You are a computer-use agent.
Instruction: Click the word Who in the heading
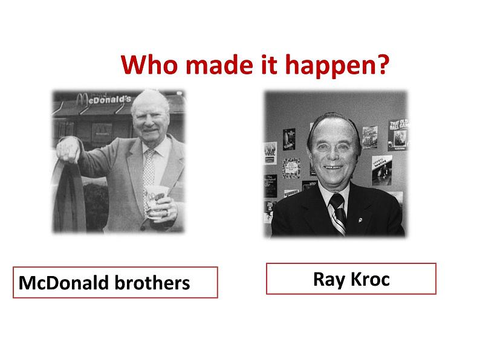click(x=149, y=64)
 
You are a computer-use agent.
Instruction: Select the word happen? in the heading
click(x=337, y=66)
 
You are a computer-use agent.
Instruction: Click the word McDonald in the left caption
click(x=63, y=282)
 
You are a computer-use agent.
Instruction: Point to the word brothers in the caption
click(x=152, y=282)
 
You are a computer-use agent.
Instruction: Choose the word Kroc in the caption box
click(x=370, y=279)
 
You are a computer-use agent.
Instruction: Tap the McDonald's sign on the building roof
click(x=104, y=99)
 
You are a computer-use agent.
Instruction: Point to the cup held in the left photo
click(x=155, y=201)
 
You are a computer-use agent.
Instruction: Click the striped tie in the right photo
click(x=339, y=213)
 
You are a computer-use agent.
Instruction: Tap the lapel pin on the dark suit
click(x=360, y=220)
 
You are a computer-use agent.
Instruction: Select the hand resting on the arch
click(x=68, y=149)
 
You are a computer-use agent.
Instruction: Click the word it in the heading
click(x=268, y=64)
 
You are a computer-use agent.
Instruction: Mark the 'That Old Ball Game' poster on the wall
click(x=398, y=135)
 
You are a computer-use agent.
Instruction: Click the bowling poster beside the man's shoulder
click(x=381, y=170)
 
